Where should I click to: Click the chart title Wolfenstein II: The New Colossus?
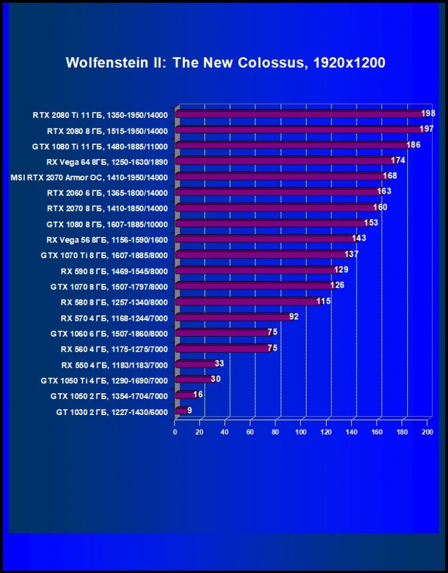[225, 62]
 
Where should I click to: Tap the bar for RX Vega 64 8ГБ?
[283, 160]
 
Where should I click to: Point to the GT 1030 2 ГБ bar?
[181, 410]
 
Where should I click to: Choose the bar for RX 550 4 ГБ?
[195, 364]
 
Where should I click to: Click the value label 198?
[428, 113]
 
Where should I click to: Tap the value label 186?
[413, 144]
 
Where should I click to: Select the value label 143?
[359, 238]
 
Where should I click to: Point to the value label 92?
[294, 317]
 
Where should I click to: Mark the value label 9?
[190, 410]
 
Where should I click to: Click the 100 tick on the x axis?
[301, 432]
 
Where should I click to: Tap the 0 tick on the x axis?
[175, 432]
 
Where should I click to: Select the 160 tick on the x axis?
[377, 432]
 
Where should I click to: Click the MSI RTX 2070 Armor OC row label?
[89, 177]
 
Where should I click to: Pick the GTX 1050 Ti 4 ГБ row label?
[104, 380]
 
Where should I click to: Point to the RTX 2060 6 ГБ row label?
[107, 193]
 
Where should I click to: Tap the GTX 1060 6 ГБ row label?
[109, 334]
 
